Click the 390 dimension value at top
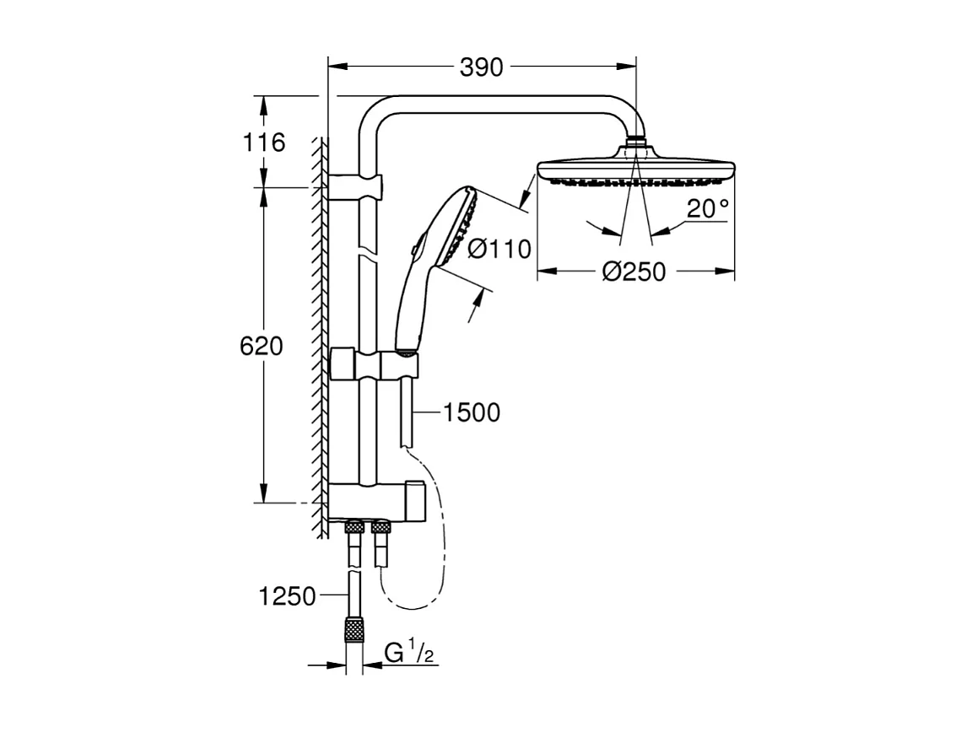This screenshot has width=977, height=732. click(x=481, y=67)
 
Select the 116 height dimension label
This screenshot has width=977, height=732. click(x=264, y=142)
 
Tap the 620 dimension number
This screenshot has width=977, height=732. click(x=262, y=346)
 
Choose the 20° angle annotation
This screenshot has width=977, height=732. click(x=706, y=209)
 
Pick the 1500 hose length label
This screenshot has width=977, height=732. click(x=472, y=412)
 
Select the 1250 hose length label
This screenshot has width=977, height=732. click(x=287, y=597)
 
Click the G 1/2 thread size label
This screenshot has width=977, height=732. click(x=409, y=653)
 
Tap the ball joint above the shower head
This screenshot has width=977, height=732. click(x=637, y=144)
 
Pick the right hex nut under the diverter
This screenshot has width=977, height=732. click(x=381, y=529)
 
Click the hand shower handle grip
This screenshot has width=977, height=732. click(x=410, y=304)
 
